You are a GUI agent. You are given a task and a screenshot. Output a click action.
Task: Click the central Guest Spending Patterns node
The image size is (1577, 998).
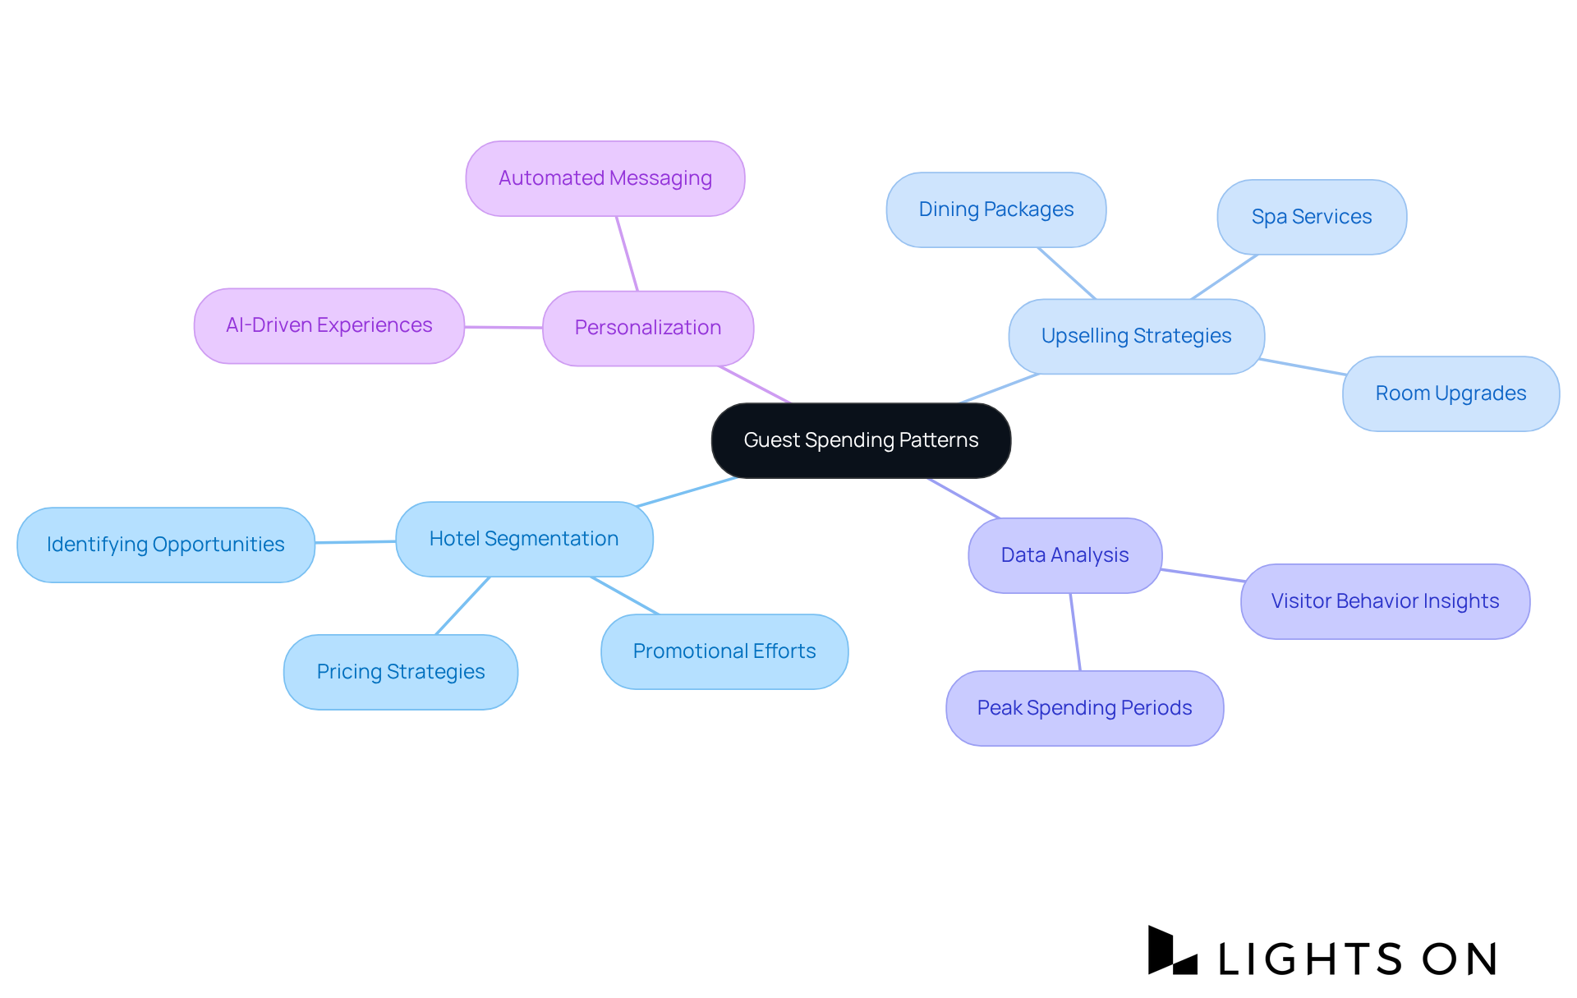click(x=861, y=440)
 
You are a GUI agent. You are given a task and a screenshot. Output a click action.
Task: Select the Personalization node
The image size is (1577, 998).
click(x=648, y=328)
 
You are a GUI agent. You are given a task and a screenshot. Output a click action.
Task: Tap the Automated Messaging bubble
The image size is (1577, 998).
click(x=605, y=178)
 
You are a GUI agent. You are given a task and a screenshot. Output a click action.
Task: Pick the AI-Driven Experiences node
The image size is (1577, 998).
click(x=329, y=325)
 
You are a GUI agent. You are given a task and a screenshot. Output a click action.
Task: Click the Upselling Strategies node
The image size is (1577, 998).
click(x=1136, y=336)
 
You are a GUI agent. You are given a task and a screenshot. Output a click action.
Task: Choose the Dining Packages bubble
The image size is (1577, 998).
click(x=995, y=209)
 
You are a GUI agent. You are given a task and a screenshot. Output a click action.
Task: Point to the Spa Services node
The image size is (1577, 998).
click(x=1312, y=217)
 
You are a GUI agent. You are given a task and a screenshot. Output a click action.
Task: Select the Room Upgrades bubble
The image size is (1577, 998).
click(x=1451, y=393)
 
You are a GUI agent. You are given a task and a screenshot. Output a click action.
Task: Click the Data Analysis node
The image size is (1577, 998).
click(x=1064, y=555)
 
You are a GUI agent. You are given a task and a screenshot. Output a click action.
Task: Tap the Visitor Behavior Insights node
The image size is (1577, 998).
click(x=1385, y=601)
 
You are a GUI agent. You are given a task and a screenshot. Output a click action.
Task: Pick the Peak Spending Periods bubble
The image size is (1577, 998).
click(x=1084, y=708)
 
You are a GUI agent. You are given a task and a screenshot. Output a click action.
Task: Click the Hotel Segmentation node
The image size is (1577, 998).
click(x=524, y=539)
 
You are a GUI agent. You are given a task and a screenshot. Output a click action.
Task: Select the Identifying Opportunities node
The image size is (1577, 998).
click(x=166, y=545)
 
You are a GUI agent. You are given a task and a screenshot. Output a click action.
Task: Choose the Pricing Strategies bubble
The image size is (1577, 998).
click(x=401, y=672)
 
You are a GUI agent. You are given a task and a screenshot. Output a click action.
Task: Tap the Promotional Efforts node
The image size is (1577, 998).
click(x=724, y=651)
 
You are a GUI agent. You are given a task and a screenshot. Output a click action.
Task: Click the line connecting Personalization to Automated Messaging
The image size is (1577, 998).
click(x=628, y=254)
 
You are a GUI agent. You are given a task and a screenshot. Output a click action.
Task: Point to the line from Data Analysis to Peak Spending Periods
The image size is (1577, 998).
click(x=1075, y=632)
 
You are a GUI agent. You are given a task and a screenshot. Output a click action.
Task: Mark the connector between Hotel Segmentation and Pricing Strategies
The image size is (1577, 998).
click(x=462, y=605)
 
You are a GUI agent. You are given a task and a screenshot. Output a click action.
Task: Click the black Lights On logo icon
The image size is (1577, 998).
click(x=1171, y=951)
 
